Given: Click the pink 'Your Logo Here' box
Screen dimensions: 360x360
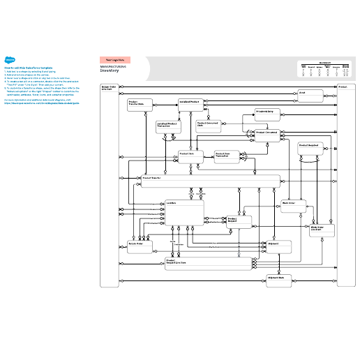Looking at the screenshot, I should point(115,60).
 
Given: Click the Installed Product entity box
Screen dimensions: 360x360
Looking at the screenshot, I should point(193,105).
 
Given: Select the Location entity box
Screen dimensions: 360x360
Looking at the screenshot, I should point(183,212).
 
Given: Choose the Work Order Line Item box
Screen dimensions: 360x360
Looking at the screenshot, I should point(322,230).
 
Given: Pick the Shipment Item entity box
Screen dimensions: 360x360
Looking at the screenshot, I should point(278,279).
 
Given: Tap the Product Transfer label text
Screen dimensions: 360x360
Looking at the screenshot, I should point(153,178).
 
